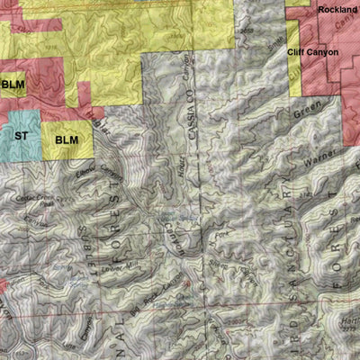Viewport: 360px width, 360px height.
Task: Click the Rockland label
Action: click(x=337, y=10)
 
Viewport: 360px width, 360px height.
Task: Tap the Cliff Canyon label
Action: click(x=312, y=52)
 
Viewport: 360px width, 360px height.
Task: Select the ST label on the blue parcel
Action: click(x=20, y=136)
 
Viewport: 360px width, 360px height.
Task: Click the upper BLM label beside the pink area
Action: click(x=13, y=85)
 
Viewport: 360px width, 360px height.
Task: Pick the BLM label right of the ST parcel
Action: click(x=67, y=140)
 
